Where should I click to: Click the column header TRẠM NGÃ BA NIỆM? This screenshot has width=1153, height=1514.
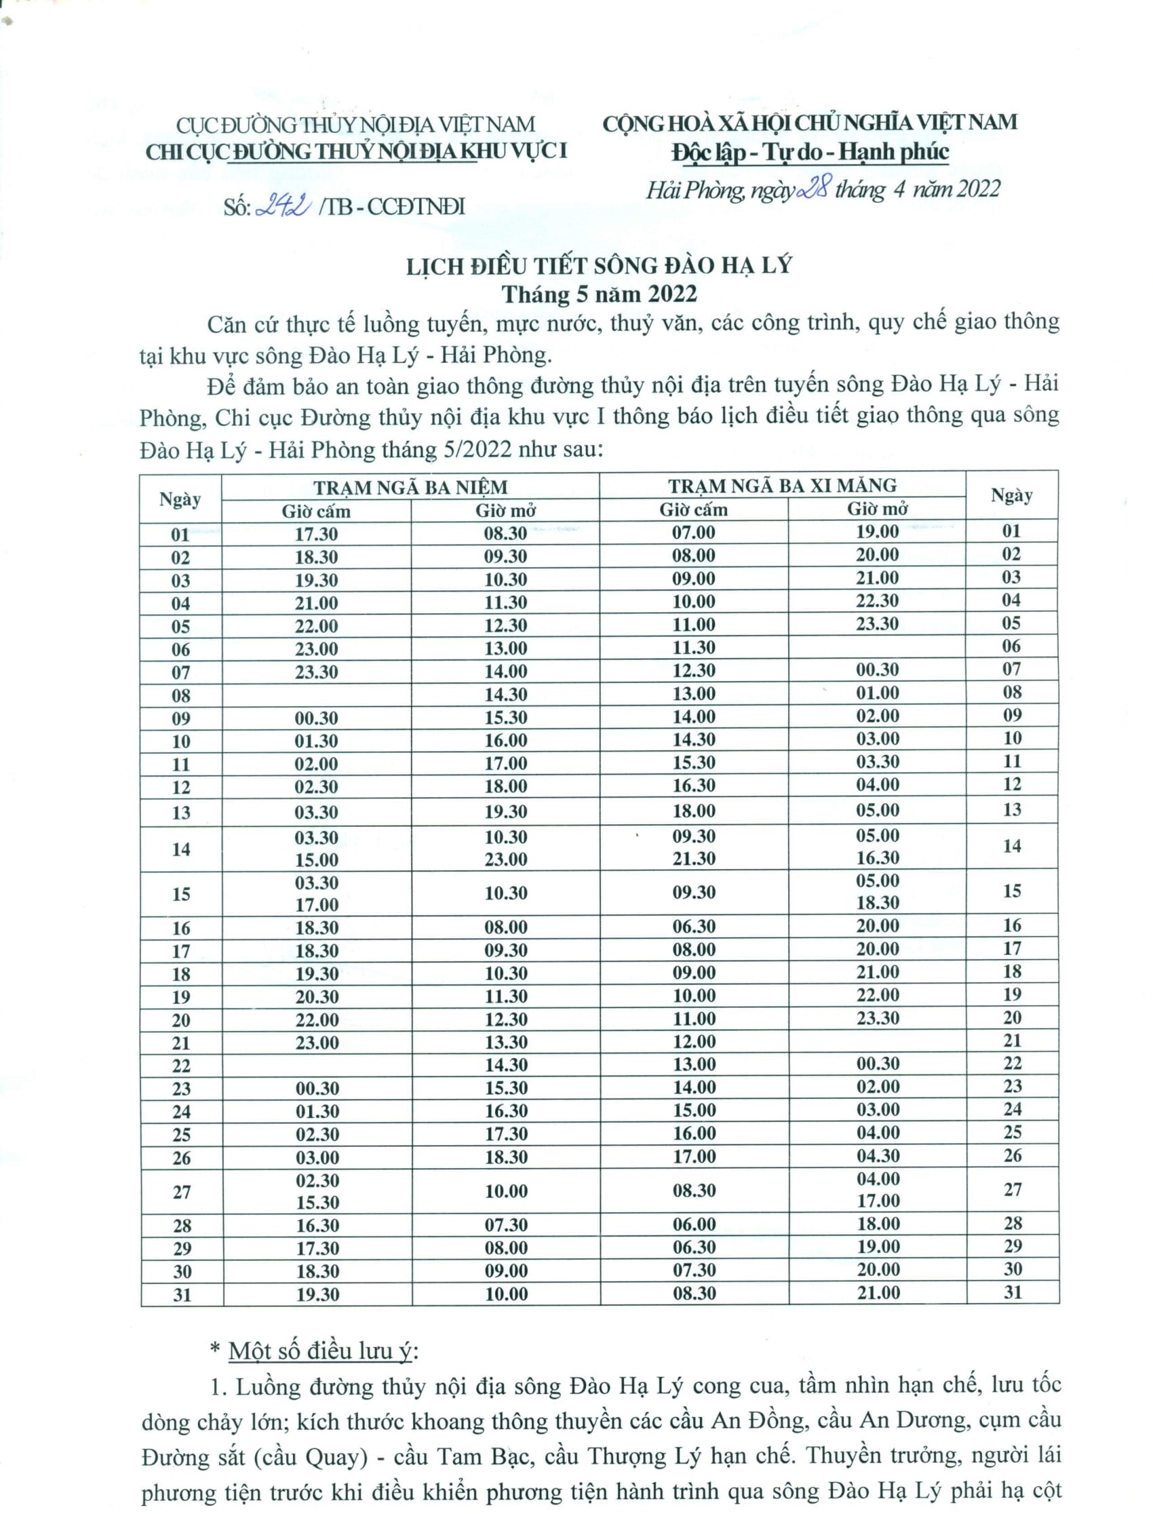click(x=410, y=487)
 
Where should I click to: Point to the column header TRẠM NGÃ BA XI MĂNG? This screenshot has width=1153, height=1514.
click(x=783, y=486)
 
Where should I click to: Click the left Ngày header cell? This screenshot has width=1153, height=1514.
click(x=180, y=499)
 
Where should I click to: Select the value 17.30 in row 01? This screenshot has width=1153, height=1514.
click(x=316, y=534)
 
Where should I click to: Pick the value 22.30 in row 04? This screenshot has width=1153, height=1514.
click(x=877, y=600)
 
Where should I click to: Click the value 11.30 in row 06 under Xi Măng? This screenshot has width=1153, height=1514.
click(x=693, y=647)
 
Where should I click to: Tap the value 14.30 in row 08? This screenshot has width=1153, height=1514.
click(x=506, y=694)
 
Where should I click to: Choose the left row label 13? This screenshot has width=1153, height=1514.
click(x=180, y=813)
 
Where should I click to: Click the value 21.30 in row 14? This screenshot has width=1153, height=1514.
click(x=693, y=859)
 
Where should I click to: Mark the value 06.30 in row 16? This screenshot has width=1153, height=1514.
click(x=693, y=927)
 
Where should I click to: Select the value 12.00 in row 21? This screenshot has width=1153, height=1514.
click(x=693, y=1042)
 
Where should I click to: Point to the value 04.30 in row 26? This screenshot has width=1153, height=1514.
click(x=878, y=1156)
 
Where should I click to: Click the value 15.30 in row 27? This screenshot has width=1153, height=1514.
click(x=317, y=1203)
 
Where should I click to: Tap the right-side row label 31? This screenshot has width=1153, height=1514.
click(x=1013, y=1292)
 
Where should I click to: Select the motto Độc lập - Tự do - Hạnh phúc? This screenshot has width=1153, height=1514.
click(x=810, y=152)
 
